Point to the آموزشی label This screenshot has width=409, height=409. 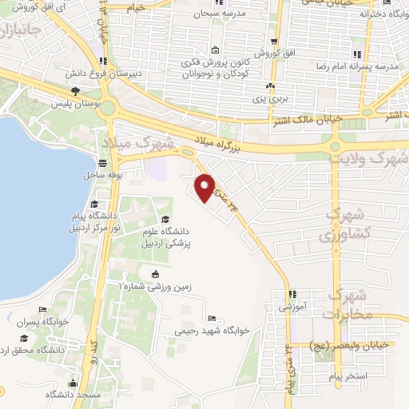(x=292, y=306)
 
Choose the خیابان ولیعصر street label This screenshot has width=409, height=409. (x=351, y=344)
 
